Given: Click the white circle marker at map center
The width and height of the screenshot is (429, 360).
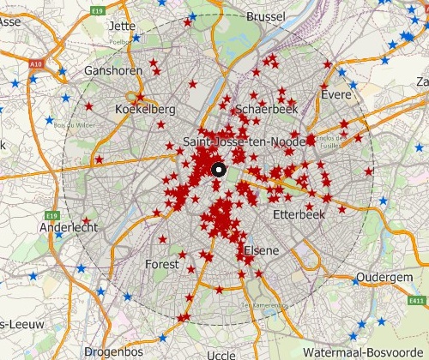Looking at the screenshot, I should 218,169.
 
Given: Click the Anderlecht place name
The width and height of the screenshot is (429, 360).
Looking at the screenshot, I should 69,228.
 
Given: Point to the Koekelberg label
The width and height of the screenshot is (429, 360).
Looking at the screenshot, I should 145,110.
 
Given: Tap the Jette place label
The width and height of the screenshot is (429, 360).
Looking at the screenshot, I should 123,26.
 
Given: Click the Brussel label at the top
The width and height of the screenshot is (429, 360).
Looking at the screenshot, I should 265,16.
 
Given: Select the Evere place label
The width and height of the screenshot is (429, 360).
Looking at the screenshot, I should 336,95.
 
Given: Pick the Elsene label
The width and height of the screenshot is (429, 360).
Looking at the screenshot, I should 262,250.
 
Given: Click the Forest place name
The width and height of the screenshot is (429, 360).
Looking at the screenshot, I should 162,264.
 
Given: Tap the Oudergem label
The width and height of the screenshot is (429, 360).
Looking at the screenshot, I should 378,279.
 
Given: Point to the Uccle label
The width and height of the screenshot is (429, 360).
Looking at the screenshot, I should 221,354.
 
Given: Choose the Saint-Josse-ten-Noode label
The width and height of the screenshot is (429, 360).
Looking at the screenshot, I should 244,141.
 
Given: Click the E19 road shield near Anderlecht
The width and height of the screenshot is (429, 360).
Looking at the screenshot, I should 52,214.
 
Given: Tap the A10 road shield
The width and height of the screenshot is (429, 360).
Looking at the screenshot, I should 35,63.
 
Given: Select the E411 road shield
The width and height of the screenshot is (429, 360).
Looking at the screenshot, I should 417,301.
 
